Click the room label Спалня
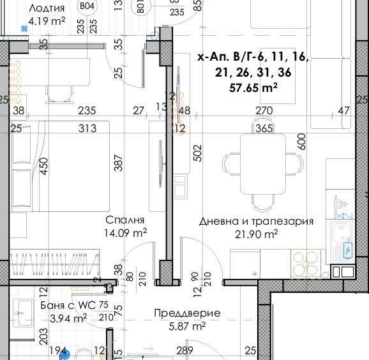pyautogui.click(x=128, y=221)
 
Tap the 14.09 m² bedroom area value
pyautogui.click(x=126, y=233)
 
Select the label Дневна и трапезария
pyautogui.click(x=256, y=221)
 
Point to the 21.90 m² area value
pyautogui.click(x=256, y=235)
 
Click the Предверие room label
pyautogui.click(x=187, y=313)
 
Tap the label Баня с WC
pyautogui.click(x=67, y=305)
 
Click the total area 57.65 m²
pyautogui.click(x=253, y=89)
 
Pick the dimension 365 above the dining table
pyautogui.click(x=263, y=128)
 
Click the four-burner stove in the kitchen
pyautogui.click(x=306, y=262)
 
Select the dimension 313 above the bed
pyautogui.click(x=87, y=128)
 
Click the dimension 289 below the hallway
pyautogui.click(x=184, y=350)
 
